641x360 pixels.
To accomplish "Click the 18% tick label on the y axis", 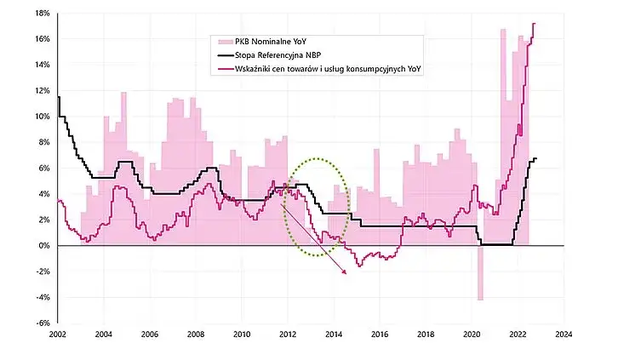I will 40,13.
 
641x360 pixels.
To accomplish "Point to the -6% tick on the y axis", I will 40,323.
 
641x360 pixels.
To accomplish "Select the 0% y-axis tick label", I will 42,246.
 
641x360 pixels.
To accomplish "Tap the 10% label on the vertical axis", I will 40,117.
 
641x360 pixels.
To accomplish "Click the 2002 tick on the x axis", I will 58,335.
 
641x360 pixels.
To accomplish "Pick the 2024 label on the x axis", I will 562,335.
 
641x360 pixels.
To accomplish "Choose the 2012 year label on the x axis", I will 288,335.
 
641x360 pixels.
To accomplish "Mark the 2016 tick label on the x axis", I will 380,335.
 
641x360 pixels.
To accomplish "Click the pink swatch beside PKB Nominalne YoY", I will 223,41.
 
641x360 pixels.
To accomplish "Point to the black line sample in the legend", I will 223,55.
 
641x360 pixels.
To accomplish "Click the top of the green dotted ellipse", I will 316,158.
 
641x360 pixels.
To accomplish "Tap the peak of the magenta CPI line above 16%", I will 534,24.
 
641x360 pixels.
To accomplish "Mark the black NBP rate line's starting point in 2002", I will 58,97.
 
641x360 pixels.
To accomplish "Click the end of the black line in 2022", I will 536,159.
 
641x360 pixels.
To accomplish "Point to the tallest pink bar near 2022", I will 503,30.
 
